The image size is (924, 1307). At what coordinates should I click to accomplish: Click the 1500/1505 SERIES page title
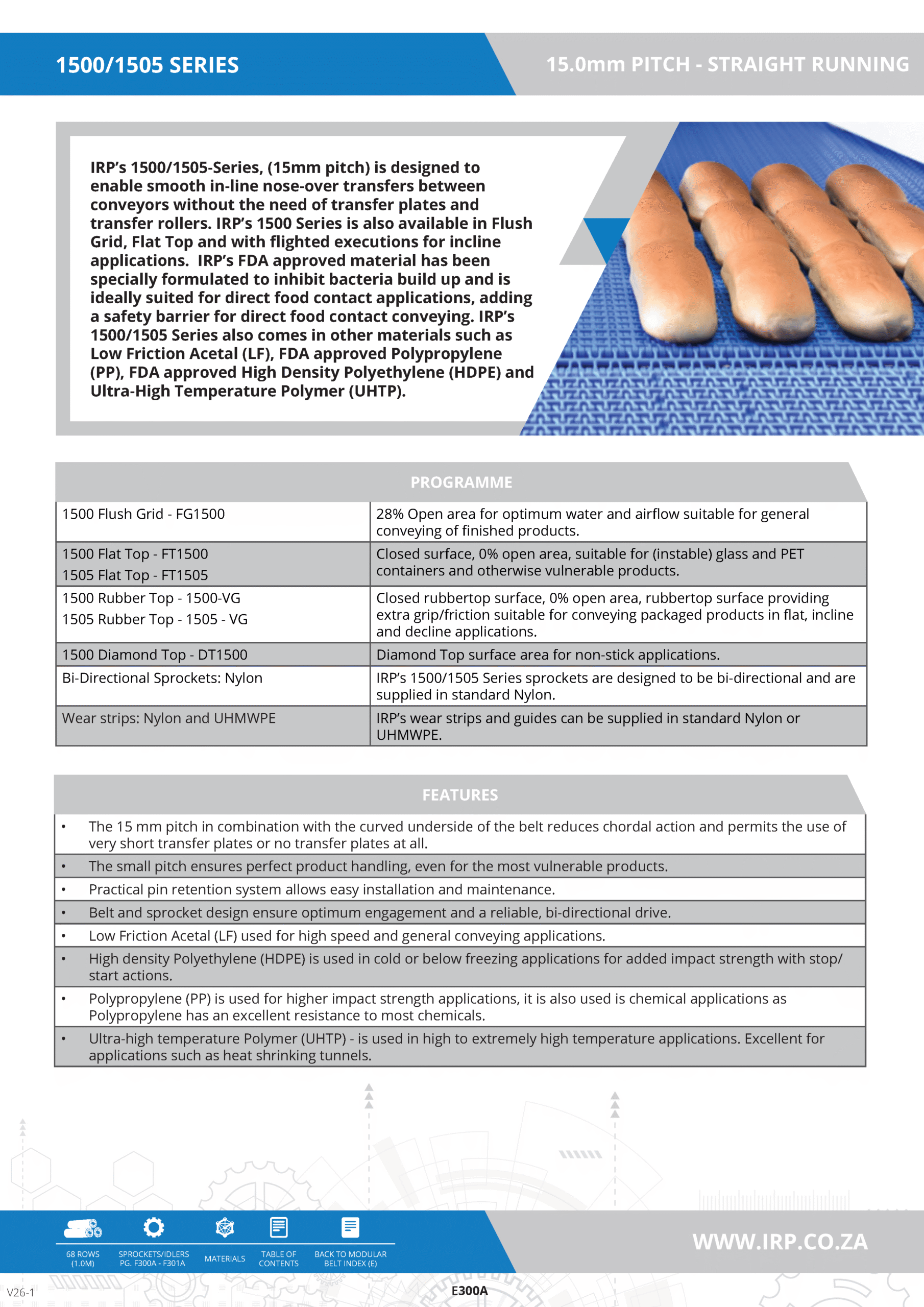(147, 65)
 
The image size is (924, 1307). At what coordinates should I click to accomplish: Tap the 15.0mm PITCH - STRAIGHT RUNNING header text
(727, 64)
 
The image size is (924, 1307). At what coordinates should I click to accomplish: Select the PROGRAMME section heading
(461, 482)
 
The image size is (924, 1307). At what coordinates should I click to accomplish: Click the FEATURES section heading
(459, 795)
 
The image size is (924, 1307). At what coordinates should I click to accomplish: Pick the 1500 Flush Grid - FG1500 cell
(143, 514)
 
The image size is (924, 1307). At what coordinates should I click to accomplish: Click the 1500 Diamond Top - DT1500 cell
(155, 655)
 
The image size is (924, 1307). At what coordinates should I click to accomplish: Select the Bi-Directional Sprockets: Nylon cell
(162, 678)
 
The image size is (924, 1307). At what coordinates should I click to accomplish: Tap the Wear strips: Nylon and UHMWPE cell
(168, 718)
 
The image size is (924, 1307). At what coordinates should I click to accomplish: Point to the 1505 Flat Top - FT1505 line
(135, 575)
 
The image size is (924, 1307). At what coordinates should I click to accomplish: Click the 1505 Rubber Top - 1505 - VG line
(155, 619)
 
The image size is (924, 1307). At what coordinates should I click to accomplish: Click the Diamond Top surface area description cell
(548, 655)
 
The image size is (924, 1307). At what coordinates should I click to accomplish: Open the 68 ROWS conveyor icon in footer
(83, 1228)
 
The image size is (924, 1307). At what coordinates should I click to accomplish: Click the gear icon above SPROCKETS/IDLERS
(154, 1227)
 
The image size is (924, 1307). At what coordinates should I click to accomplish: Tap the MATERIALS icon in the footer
(225, 1228)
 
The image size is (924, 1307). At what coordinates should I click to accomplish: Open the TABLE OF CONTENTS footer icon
(279, 1227)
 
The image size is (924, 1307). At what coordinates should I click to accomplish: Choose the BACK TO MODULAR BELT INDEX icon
(350, 1227)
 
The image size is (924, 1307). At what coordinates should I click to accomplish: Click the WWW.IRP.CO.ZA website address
(780, 1242)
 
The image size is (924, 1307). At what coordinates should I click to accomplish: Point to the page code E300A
(469, 1291)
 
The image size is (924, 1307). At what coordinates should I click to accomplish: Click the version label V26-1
(20, 1292)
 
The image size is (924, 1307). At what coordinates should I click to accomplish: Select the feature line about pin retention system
(322, 889)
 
